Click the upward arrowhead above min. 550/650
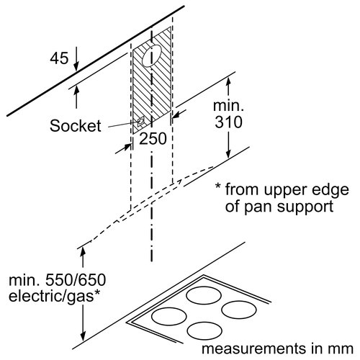tap(84, 249)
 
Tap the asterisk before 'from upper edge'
tap(218, 189)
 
